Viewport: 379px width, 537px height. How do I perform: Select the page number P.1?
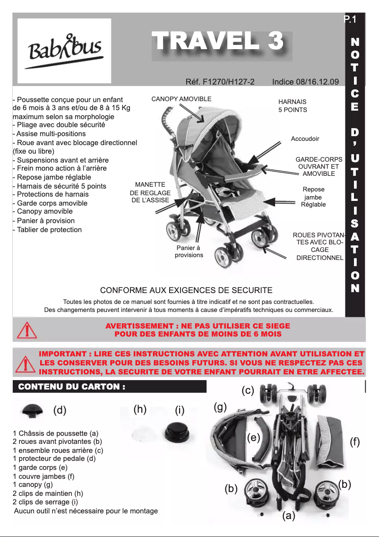[350, 19]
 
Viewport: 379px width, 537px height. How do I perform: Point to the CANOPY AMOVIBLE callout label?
[181, 99]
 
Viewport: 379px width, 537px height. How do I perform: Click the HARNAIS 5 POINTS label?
[293, 105]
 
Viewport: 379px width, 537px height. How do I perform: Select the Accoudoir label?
[305, 139]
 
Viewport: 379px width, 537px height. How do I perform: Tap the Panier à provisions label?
[189, 251]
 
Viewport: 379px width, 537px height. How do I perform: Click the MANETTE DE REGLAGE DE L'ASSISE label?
[150, 192]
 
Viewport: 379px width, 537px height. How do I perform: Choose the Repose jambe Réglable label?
[313, 197]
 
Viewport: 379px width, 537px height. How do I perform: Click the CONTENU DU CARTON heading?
[71, 387]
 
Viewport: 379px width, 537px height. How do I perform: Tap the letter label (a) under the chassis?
[289, 516]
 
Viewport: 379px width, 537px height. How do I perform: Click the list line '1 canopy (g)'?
[33, 485]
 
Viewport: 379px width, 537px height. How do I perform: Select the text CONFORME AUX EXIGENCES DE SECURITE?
[186, 290]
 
